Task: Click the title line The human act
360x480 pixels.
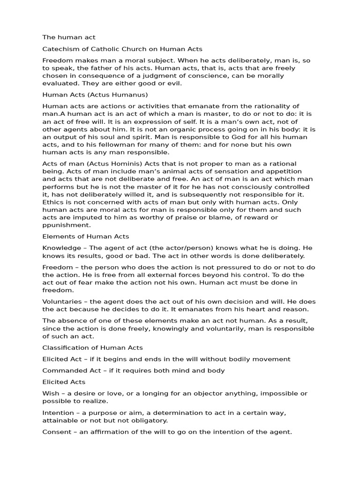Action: point(69,37)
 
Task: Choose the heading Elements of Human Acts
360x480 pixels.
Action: point(86,236)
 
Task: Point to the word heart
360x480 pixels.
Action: point(236,309)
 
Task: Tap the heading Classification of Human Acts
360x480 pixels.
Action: point(92,347)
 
